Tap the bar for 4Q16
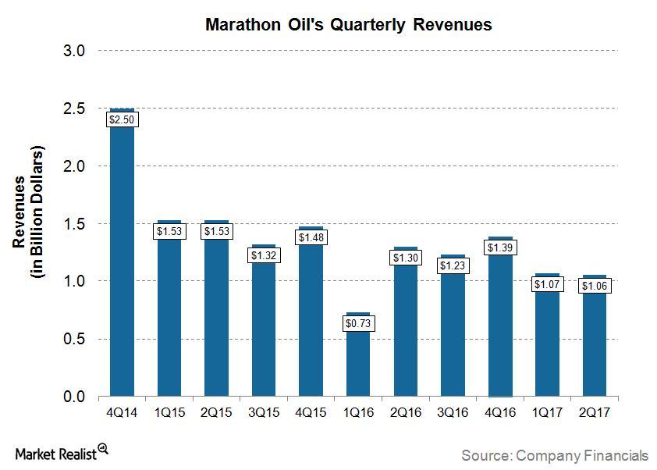(501, 328)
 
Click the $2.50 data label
(122, 119)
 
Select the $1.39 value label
(501, 247)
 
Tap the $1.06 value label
(595, 286)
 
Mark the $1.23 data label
(453, 265)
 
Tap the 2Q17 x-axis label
(595, 413)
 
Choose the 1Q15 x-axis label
(169, 413)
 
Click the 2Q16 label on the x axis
(406, 413)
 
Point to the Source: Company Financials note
(554, 454)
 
